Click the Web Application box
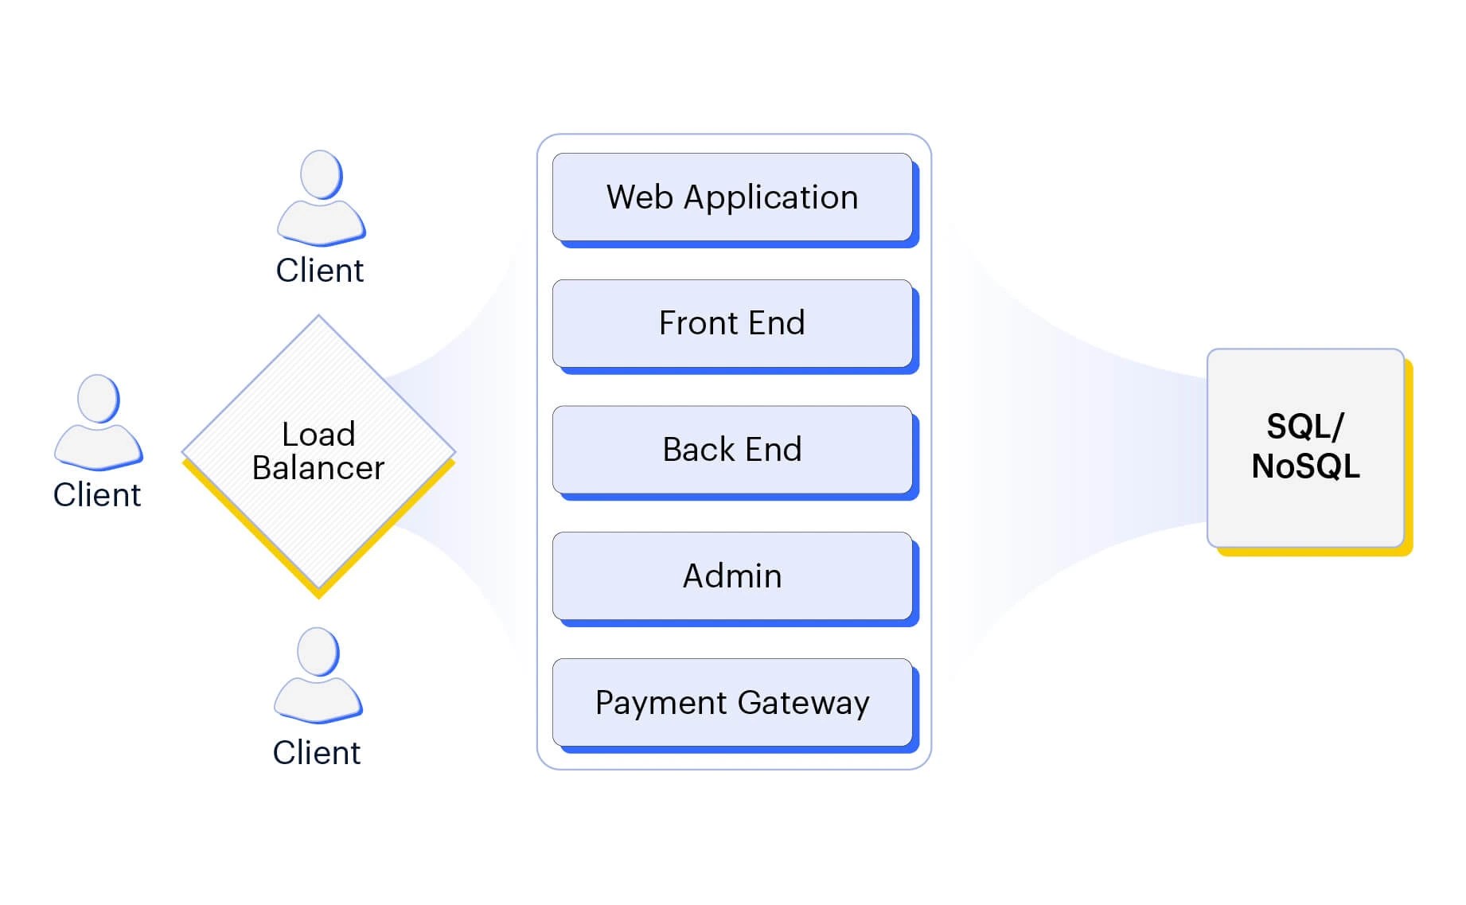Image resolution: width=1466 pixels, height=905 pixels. coord(732,197)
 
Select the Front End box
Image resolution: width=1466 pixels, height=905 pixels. coord(732,323)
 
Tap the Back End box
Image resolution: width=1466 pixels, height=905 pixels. coord(732,450)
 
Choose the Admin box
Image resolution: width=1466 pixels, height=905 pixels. coord(732,575)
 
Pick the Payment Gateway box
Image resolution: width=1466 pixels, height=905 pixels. coord(732,702)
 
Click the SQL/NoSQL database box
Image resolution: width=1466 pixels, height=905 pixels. coord(1305,447)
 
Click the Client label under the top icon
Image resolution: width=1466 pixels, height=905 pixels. coord(320,271)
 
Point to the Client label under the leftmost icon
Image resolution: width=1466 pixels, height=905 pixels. coord(97,495)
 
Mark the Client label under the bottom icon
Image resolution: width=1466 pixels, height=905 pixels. coord(317,753)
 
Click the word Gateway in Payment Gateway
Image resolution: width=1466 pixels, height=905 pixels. coord(803,703)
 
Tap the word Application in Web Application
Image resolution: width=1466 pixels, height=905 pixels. coord(770,198)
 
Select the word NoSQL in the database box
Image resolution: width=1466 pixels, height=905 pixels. coord(1305,466)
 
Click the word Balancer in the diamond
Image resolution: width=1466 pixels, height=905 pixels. coord(318,468)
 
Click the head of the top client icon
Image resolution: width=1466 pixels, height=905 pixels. coord(322,174)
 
